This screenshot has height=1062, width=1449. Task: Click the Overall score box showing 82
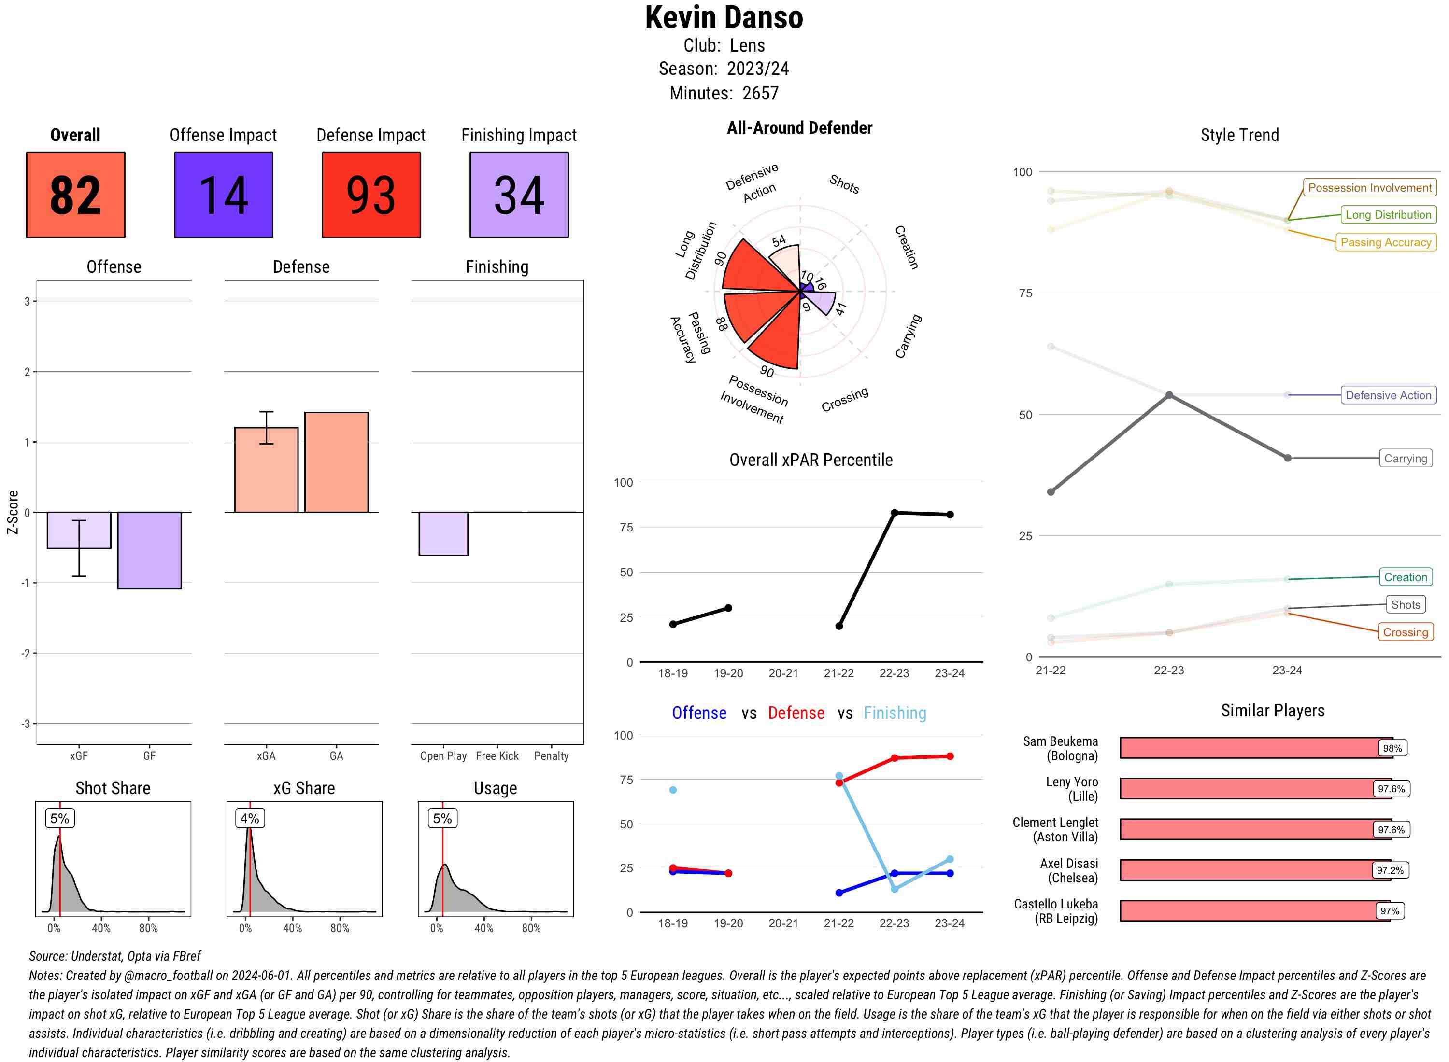(x=75, y=195)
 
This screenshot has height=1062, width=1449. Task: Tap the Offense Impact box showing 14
(x=223, y=195)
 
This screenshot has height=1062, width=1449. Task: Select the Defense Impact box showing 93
(x=371, y=195)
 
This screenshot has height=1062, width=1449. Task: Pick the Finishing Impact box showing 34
(x=519, y=195)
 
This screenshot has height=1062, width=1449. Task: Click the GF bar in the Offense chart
(x=149, y=550)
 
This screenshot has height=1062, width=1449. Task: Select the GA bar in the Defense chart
(x=336, y=462)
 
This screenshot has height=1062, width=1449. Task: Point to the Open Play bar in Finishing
(x=443, y=533)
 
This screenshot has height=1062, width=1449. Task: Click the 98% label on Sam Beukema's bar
(x=1392, y=748)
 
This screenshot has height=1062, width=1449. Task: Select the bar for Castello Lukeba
(x=1254, y=911)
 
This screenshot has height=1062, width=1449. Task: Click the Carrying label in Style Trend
(x=1405, y=459)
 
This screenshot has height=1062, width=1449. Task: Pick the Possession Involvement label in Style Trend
(x=1369, y=188)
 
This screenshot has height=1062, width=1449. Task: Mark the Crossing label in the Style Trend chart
(x=1405, y=632)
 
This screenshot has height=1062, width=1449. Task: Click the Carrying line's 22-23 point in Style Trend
(x=1168, y=395)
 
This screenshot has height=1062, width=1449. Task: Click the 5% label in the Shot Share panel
(x=59, y=818)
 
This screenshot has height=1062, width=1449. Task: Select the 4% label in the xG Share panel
(x=250, y=818)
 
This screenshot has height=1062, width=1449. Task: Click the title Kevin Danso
(x=724, y=18)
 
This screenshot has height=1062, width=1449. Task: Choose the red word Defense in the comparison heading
(x=796, y=713)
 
